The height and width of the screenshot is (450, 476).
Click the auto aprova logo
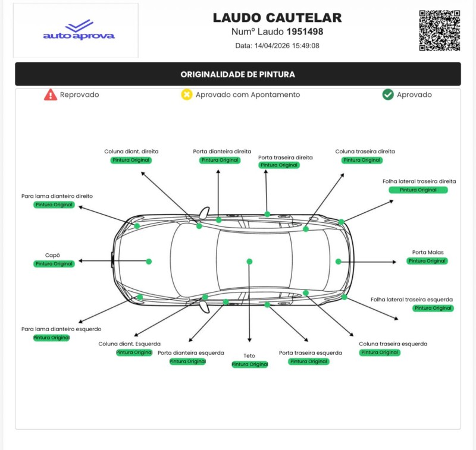(79, 30)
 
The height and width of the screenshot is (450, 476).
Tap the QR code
(440, 30)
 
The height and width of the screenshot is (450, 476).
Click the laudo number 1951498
(305, 32)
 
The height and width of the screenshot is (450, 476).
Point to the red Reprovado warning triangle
(51, 95)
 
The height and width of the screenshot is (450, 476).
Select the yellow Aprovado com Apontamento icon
(187, 95)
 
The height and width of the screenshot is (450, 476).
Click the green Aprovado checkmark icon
(388, 95)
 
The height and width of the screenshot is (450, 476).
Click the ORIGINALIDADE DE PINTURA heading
(238, 74)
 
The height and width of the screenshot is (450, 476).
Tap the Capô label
(53, 255)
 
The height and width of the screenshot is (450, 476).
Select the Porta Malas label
(428, 252)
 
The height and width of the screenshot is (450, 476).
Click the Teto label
(249, 356)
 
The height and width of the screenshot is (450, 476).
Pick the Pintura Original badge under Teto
(249, 364)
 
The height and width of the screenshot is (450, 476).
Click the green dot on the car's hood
(149, 262)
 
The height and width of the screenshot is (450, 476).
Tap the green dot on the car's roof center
(249, 262)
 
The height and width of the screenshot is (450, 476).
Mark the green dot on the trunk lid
(338, 262)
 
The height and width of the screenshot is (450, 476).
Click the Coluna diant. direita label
(131, 152)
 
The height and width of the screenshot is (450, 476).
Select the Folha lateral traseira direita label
(419, 181)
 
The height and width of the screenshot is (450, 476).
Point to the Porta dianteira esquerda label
(187, 353)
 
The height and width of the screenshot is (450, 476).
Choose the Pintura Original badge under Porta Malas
(427, 261)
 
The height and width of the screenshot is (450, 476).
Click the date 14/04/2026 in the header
(278, 46)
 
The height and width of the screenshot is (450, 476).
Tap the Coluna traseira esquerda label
(393, 344)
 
